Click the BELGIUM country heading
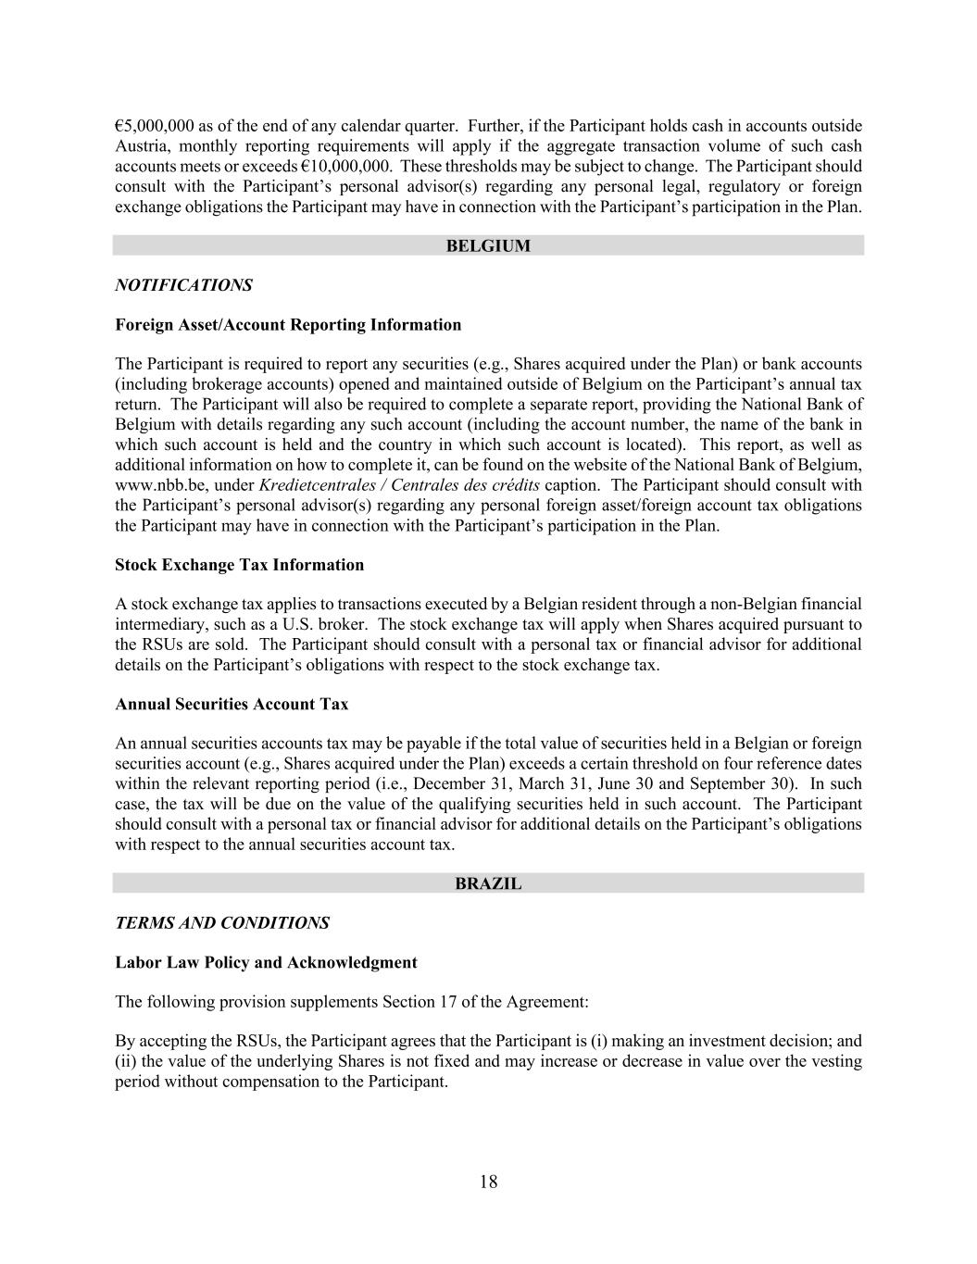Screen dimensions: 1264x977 [488, 245]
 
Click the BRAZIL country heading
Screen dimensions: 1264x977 [488, 883]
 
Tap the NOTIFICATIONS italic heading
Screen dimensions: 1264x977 [183, 285]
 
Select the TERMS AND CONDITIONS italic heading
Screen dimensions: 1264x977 [221, 923]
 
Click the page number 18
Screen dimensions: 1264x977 [489, 1182]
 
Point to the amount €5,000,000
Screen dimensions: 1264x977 [155, 126]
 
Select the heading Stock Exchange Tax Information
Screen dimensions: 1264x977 [239, 565]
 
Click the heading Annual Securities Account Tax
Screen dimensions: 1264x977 [232, 704]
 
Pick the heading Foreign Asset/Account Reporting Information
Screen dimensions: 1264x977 [288, 325]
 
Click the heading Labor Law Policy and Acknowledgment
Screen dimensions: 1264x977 [266, 962]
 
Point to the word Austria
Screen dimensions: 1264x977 [141, 146]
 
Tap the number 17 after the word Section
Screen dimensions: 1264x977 [503, 1002]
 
